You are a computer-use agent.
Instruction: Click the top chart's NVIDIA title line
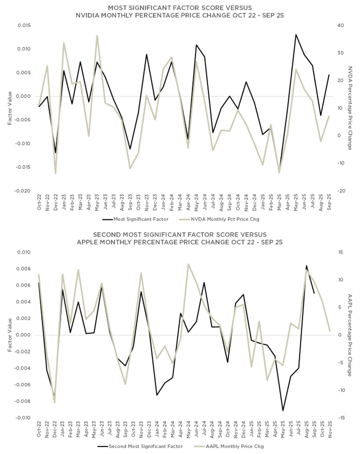click(179, 16)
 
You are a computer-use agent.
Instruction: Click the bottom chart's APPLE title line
click(179, 242)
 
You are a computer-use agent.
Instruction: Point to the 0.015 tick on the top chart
click(24, 25)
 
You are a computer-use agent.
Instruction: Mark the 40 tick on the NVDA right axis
click(340, 25)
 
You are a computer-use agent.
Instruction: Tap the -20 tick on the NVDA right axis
click(340, 191)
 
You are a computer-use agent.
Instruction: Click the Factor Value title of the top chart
click(9, 108)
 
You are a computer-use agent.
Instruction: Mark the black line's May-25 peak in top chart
click(296, 35)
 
